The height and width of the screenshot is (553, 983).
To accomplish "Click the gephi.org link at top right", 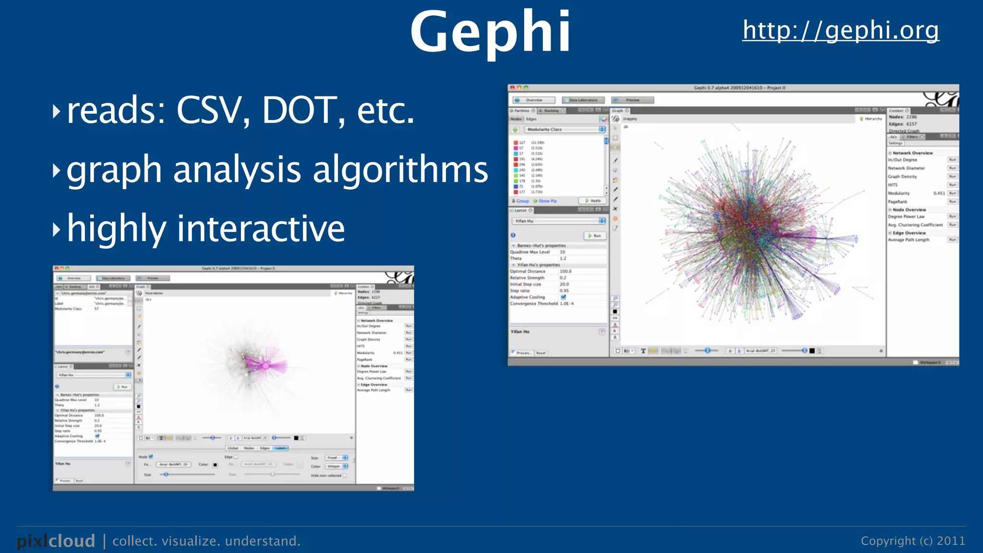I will point(840,30).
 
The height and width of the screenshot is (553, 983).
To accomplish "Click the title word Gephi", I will point(490,32).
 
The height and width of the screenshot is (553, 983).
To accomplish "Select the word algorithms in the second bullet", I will point(400,170).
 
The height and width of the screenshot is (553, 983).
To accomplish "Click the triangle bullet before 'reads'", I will point(57,111).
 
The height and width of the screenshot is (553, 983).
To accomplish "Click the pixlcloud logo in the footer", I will point(56,541).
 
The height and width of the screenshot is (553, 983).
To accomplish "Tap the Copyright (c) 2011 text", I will point(912,541).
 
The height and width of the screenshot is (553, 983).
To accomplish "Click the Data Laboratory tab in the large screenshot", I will point(583,100).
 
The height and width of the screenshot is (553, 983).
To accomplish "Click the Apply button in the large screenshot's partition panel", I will point(593,201).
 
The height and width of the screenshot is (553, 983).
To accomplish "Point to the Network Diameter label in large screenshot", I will point(906,168).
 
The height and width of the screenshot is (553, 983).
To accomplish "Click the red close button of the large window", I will point(512,88).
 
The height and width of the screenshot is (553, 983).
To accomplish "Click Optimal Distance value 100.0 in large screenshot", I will point(565,271).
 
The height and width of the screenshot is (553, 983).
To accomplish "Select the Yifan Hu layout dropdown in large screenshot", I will point(559,221).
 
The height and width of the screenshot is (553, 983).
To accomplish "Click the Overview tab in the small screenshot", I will point(74,278).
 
